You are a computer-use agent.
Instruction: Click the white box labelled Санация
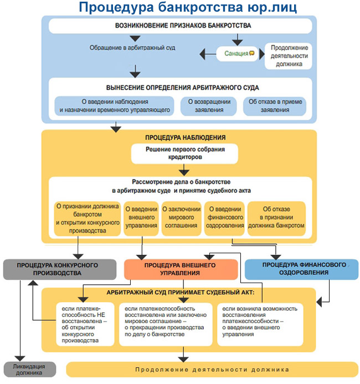click(237, 54)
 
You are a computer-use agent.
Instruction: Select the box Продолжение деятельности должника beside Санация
click(289, 56)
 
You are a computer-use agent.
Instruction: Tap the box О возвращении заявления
click(209, 106)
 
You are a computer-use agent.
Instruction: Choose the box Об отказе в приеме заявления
click(275, 106)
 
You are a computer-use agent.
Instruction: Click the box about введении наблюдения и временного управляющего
click(114, 106)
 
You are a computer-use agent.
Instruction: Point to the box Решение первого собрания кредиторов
click(185, 153)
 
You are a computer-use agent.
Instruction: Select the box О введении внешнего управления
click(141, 218)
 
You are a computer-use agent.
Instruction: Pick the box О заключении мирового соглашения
click(181, 218)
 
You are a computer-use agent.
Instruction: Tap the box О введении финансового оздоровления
click(225, 218)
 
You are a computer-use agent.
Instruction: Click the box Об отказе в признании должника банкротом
click(276, 218)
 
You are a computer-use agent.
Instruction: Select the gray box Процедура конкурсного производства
click(60, 269)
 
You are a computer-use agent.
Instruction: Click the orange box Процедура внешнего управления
click(181, 269)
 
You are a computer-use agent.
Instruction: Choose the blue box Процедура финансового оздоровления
click(301, 269)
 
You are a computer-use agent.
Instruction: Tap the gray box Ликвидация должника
click(29, 370)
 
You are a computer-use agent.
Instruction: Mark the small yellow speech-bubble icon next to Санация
click(252, 53)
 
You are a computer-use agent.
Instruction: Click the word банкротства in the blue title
click(200, 7)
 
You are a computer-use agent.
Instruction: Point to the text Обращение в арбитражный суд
click(132, 48)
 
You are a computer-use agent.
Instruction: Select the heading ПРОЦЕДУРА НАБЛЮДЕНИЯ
click(186, 137)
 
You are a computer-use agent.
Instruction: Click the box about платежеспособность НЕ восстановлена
click(85, 324)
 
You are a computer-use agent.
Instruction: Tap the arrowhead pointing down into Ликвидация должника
click(20, 359)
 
